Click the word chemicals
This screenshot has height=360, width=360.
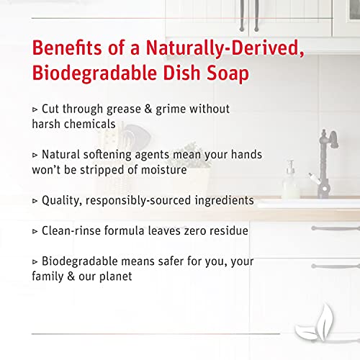point(89,124)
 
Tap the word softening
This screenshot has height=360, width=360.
point(117,155)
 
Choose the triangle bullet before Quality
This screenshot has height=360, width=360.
point(36,200)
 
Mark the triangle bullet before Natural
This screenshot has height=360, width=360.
point(36,155)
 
